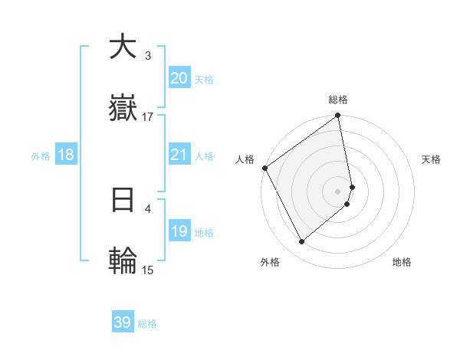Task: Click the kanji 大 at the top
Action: tap(123, 47)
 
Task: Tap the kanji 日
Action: tap(123, 199)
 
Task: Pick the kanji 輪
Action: tap(123, 260)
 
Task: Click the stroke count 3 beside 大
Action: tap(148, 56)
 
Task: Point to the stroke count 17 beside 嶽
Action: tap(148, 117)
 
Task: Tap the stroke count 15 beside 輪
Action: tap(148, 270)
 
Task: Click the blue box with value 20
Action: tap(179, 78)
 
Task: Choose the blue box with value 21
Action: tap(179, 155)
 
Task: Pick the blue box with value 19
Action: tap(179, 231)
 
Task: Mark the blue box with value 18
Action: tap(66, 155)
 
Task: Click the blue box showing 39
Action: tap(123, 322)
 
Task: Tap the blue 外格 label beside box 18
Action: tap(41, 156)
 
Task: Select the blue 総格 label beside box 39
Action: tap(147, 324)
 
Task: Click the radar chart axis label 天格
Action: tap(431, 159)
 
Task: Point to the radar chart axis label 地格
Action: tap(402, 262)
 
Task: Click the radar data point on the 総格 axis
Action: tap(338, 116)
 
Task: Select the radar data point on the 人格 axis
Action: tap(264, 168)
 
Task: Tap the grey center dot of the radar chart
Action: tap(338, 191)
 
